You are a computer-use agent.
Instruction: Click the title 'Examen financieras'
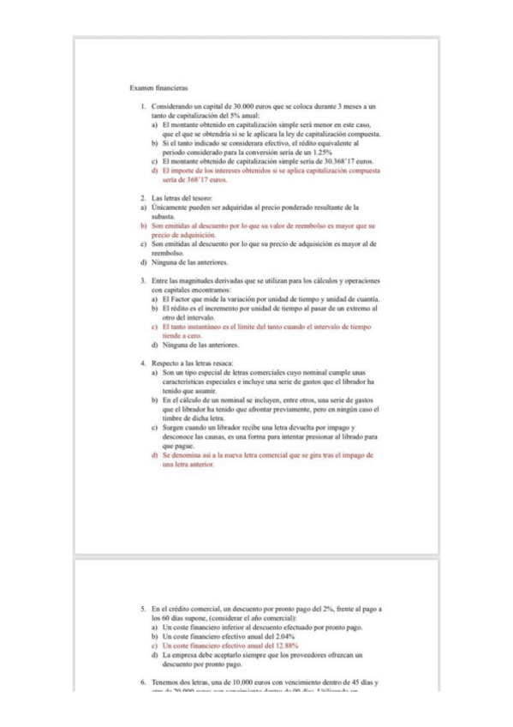click(152, 88)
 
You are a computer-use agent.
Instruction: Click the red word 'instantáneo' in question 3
click(202, 327)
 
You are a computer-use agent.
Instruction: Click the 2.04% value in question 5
click(282, 637)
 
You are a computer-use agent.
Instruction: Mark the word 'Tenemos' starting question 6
click(164, 682)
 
